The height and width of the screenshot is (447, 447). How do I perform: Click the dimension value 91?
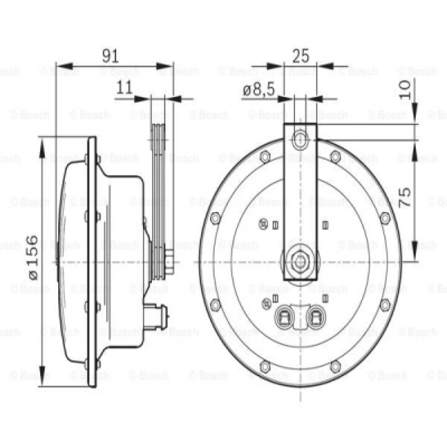pyautogui.click(x=110, y=56)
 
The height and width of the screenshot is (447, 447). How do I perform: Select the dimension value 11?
pyautogui.click(x=125, y=87)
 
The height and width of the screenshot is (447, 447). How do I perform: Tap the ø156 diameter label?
pyautogui.click(x=34, y=257)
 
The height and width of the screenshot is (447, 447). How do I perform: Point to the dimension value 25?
pyautogui.click(x=301, y=56)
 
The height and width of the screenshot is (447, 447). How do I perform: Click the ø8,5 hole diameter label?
pyautogui.click(x=259, y=89)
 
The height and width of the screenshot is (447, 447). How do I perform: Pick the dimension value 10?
pyautogui.click(x=404, y=89)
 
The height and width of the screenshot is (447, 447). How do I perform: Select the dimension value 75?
pyautogui.click(x=404, y=197)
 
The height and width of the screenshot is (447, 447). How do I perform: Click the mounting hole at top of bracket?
pyautogui.click(x=300, y=139)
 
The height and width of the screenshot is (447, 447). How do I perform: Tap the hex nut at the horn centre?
pyautogui.click(x=300, y=261)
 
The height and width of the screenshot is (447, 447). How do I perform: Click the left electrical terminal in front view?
pyautogui.click(x=284, y=316)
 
